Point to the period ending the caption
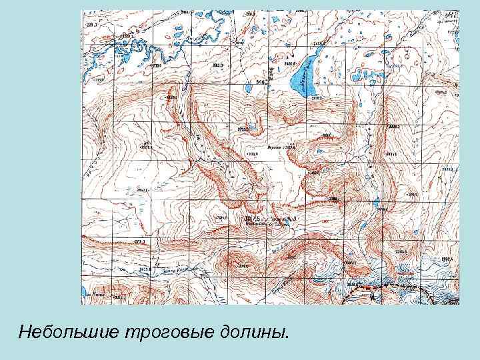[x=289, y=335]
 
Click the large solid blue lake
[x=303, y=75]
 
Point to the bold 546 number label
[x=261, y=83]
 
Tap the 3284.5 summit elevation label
[x=401, y=251]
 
